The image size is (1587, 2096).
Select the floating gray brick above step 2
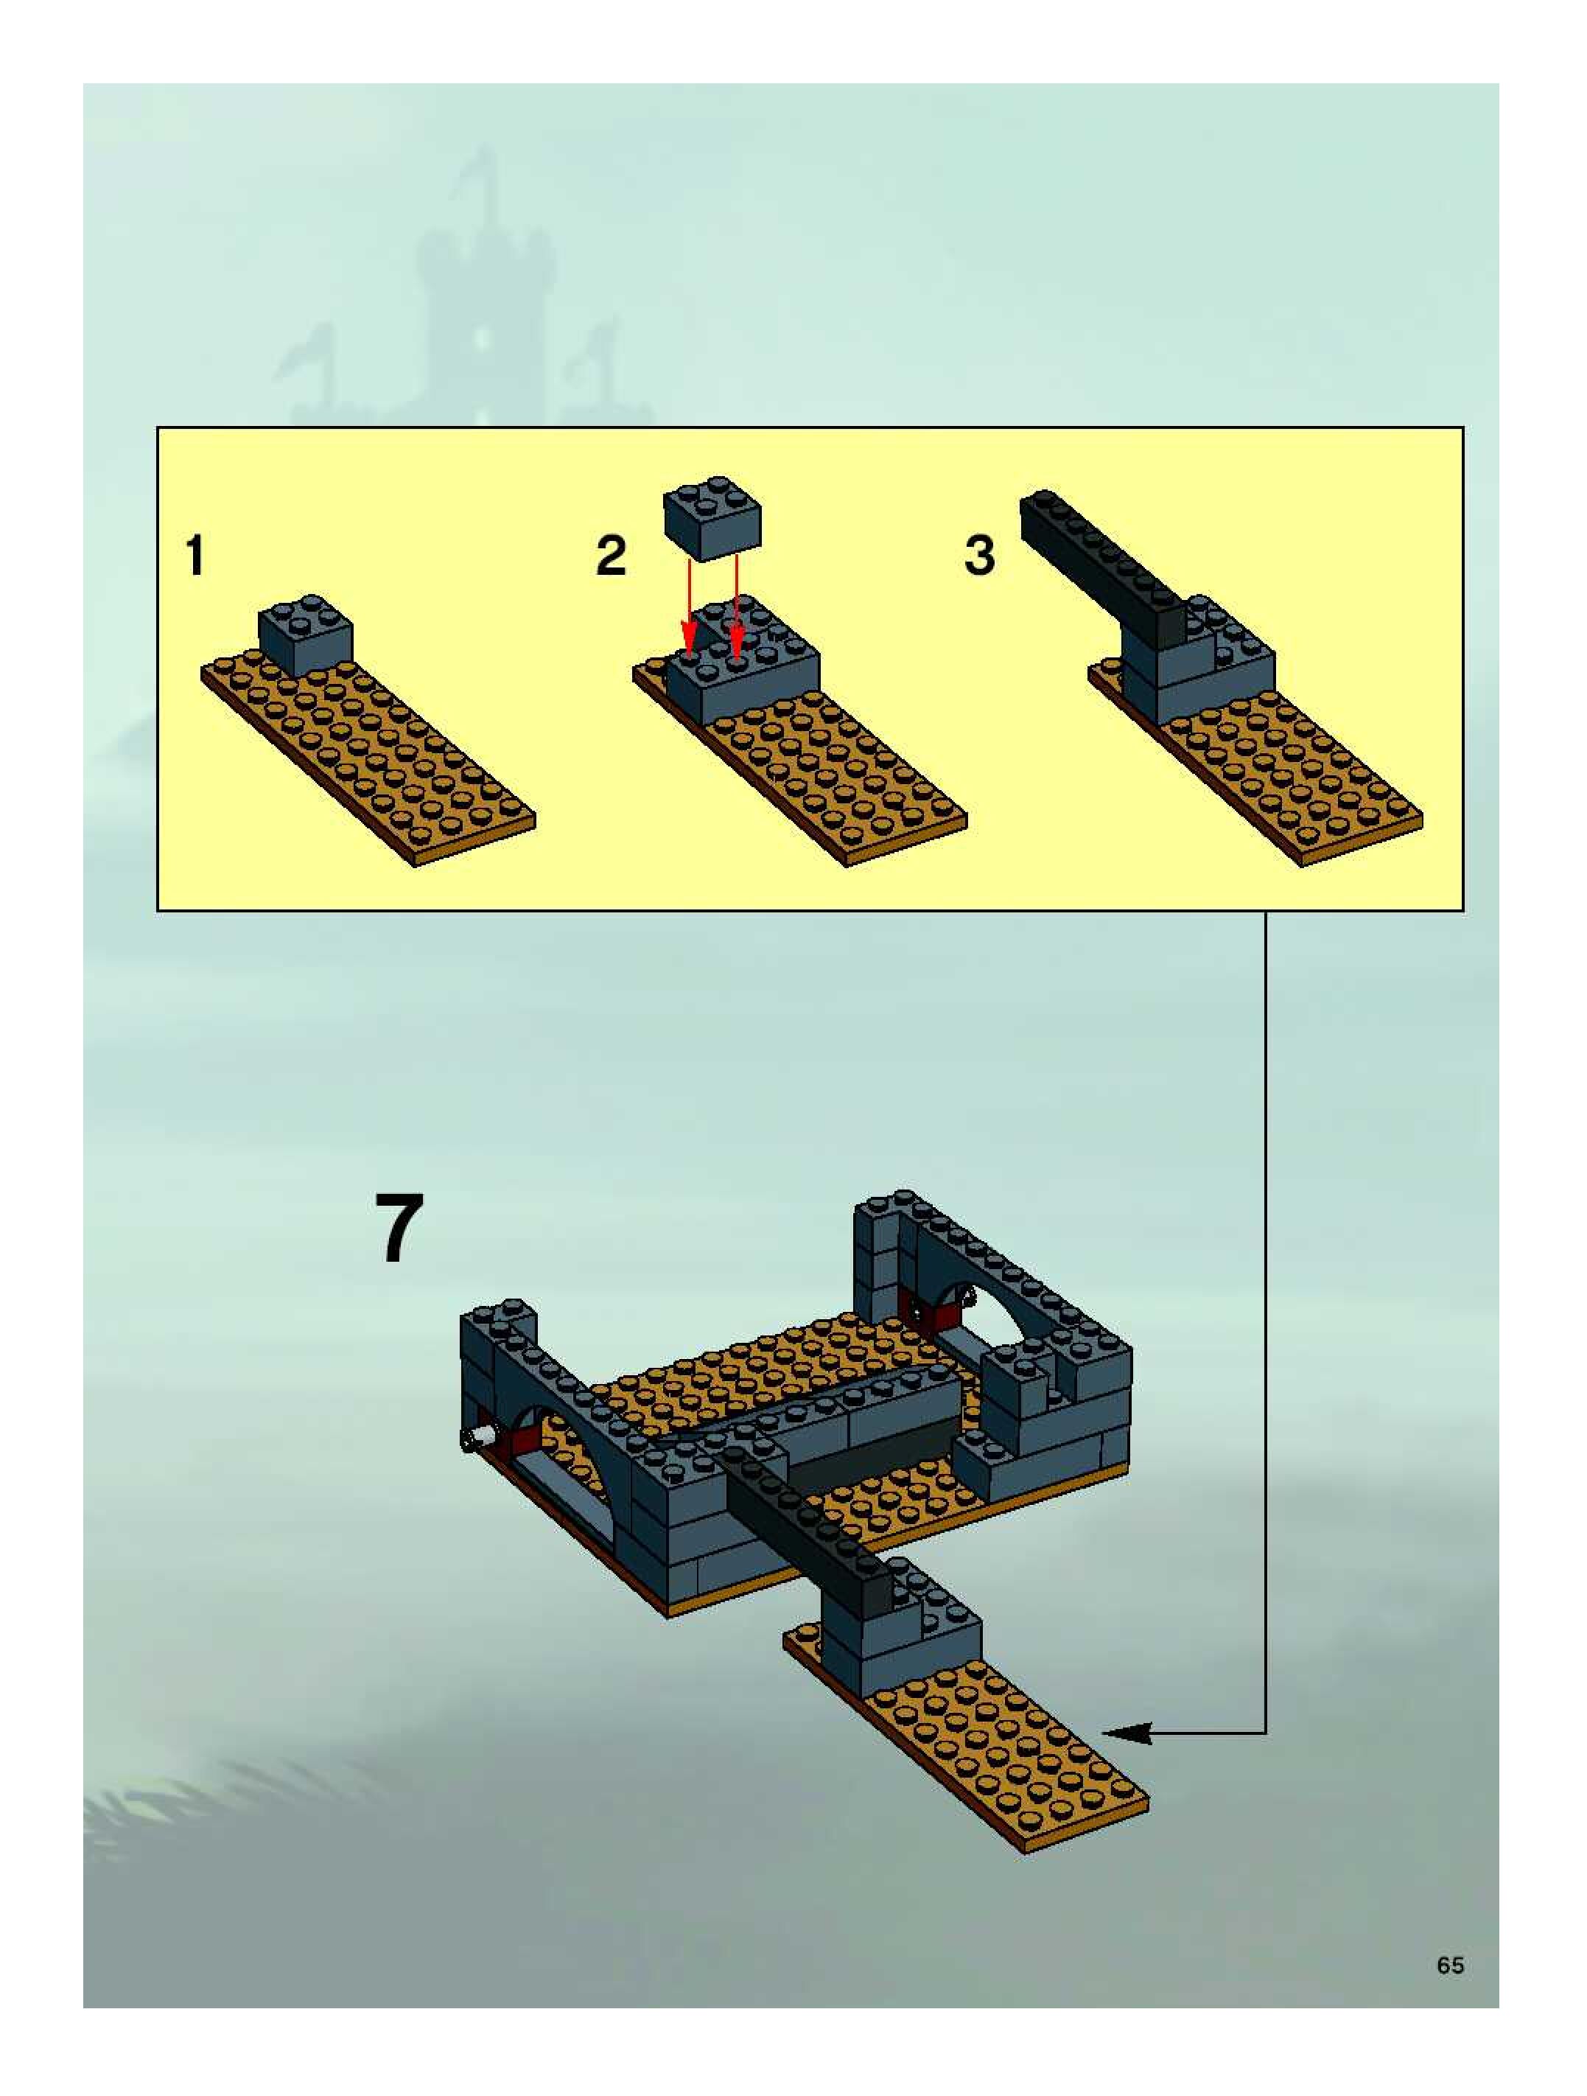click(713, 517)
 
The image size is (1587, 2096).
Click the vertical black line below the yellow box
click(1266, 1323)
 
